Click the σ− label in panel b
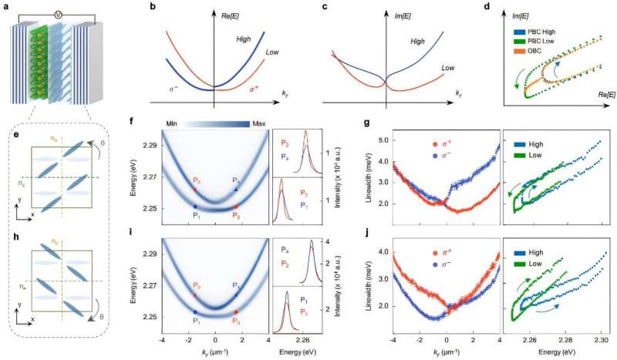pos(177,79)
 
